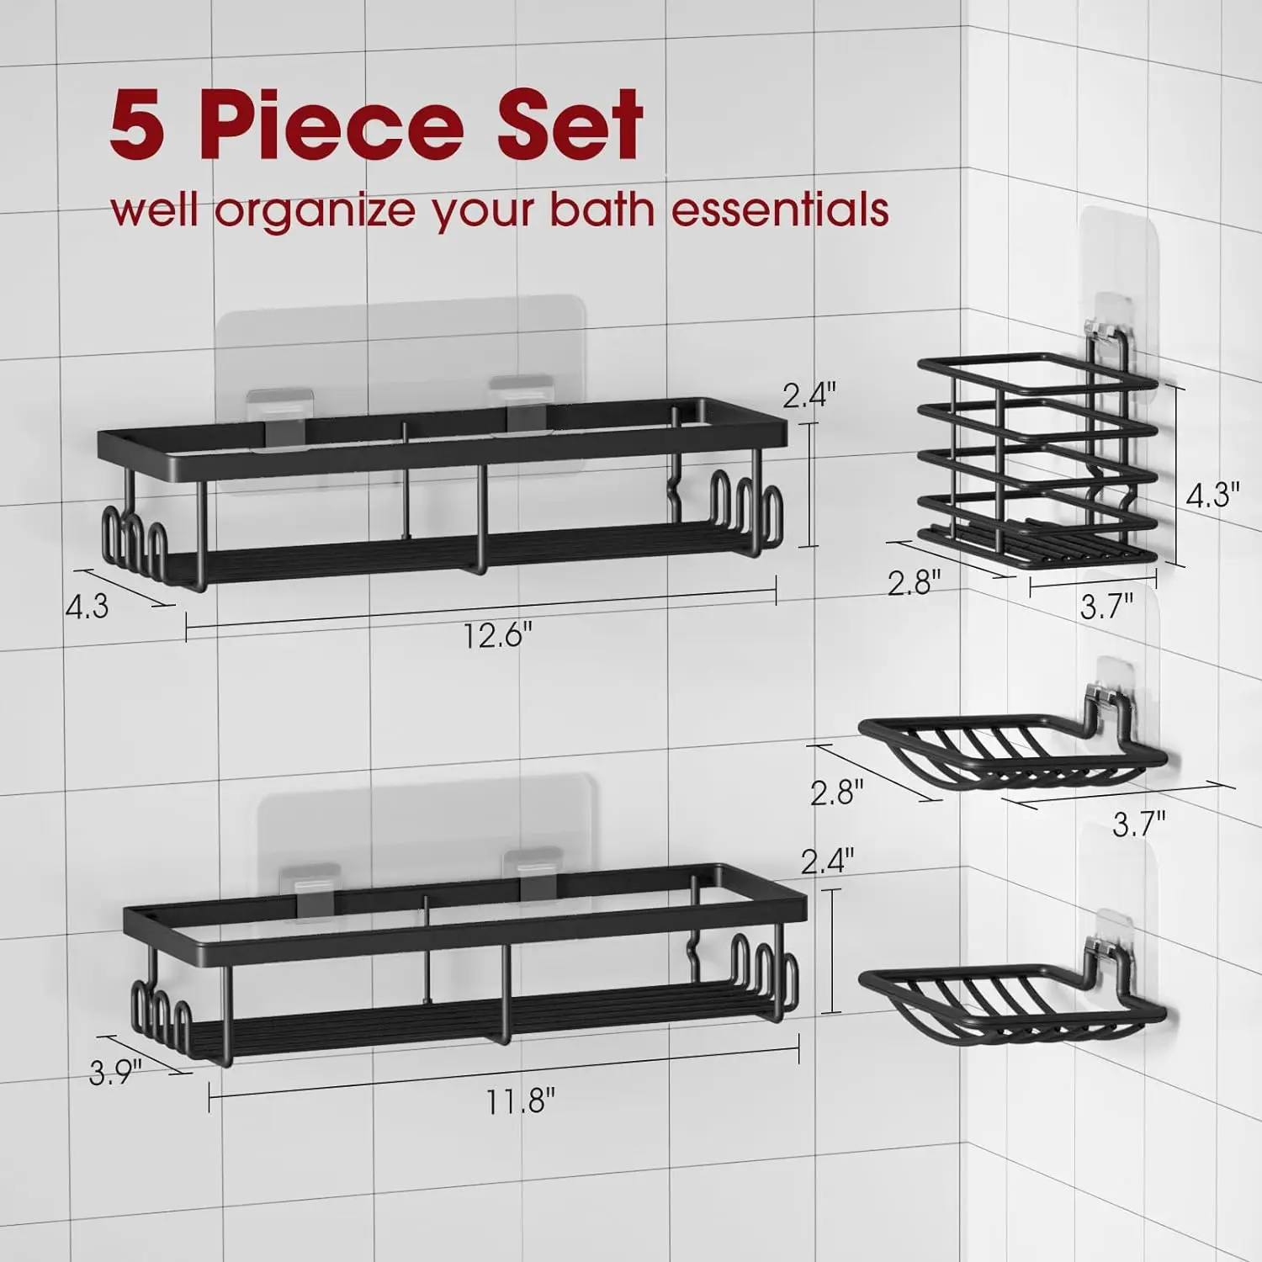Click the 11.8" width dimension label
click(x=520, y=1100)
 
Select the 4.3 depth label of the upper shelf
click(x=87, y=606)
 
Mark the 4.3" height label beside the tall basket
click(x=1212, y=496)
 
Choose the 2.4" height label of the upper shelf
click(x=809, y=395)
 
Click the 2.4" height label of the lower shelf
click(x=828, y=861)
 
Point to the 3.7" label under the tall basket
click(x=1106, y=605)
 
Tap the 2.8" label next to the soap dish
click(x=837, y=793)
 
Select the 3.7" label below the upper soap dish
click(x=1139, y=824)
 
